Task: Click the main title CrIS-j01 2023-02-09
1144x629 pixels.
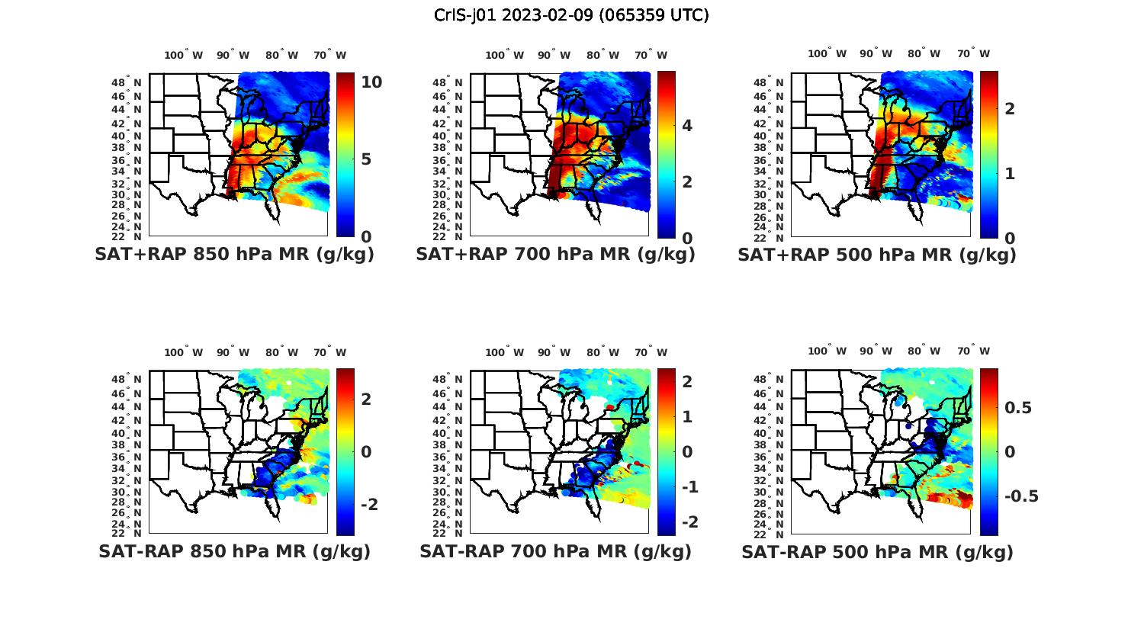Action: (x=571, y=15)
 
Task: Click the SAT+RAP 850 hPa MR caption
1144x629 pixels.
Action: (x=234, y=255)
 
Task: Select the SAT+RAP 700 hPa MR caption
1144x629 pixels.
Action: (x=555, y=255)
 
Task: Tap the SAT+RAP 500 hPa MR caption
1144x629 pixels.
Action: (x=877, y=255)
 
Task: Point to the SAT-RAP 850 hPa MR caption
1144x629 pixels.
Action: (x=234, y=551)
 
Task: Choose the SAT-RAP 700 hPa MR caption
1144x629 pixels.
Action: (x=555, y=551)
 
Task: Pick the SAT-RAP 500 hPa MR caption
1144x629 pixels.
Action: (x=877, y=551)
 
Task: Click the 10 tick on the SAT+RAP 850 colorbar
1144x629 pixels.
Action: (x=371, y=82)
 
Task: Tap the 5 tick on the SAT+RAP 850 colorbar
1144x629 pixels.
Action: (x=366, y=159)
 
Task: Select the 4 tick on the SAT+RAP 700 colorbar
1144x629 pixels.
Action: (x=687, y=126)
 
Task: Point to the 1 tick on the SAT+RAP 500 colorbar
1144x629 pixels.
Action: (x=1010, y=174)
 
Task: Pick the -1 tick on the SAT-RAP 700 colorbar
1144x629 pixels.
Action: (x=689, y=487)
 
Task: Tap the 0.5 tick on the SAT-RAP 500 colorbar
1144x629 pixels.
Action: (x=1018, y=408)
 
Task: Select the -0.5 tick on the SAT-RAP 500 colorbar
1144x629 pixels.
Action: (x=1021, y=496)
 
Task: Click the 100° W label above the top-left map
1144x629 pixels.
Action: (x=184, y=55)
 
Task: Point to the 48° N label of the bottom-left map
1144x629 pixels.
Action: (x=127, y=380)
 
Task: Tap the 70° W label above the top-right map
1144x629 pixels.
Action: (x=974, y=53)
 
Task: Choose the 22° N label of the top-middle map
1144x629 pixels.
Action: (x=448, y=236)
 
